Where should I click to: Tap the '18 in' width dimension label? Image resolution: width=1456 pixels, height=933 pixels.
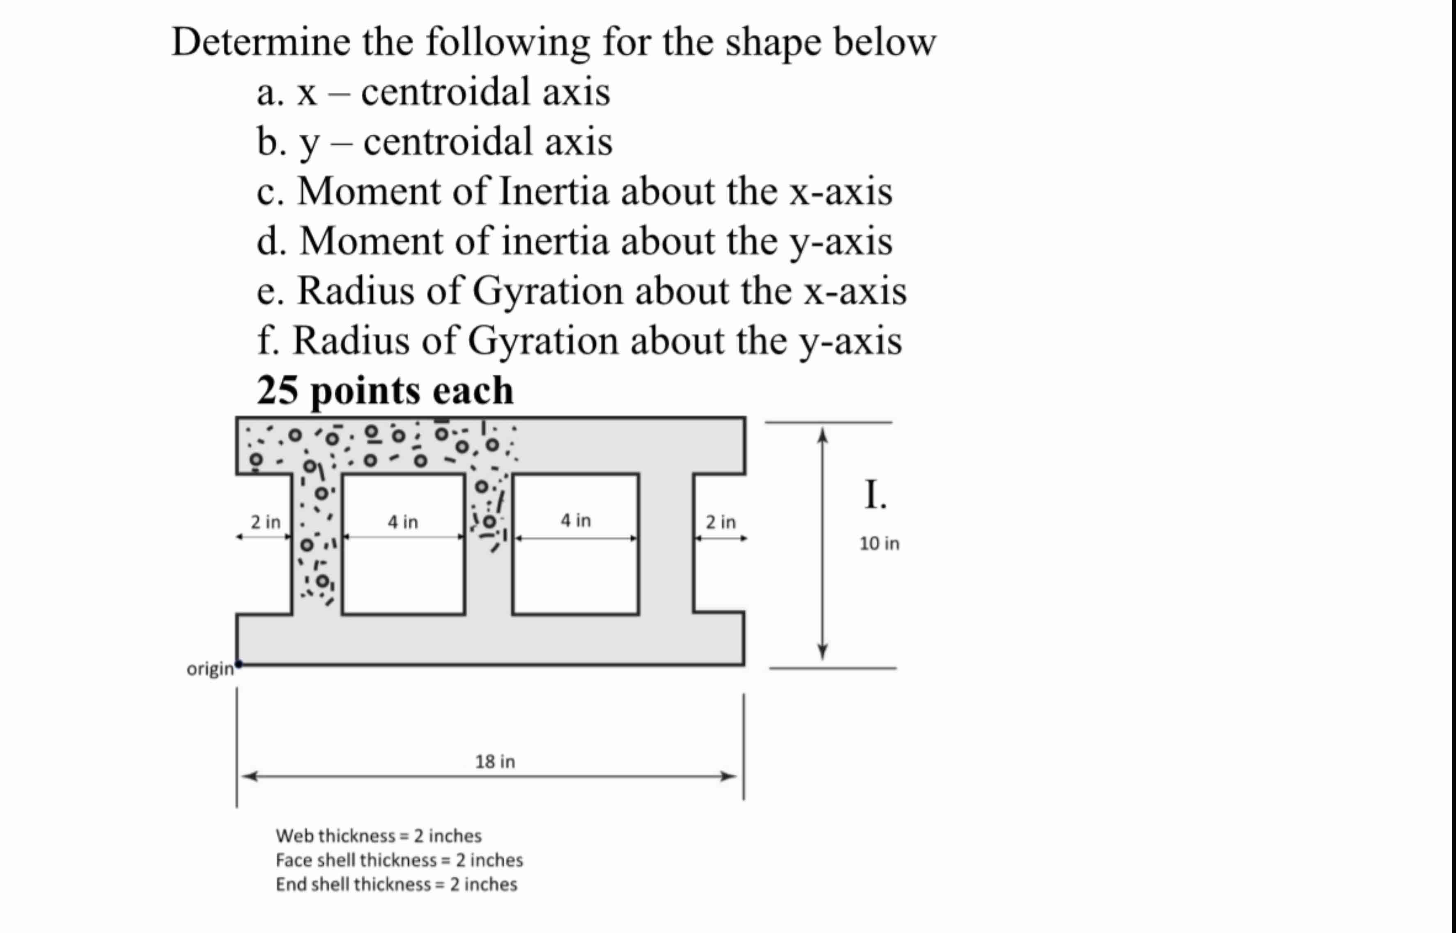[x=495, y=761]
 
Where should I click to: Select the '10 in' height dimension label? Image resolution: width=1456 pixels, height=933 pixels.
[x=879, y=544]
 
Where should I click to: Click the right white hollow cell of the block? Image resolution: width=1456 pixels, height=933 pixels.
[x=575, y=576]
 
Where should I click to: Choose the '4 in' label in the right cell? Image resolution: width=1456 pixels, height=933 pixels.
[x=575, y=520]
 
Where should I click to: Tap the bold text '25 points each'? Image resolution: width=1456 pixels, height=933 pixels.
[x=385, y=390]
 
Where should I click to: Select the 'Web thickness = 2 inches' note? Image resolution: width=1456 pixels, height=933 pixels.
[x=378, y=836]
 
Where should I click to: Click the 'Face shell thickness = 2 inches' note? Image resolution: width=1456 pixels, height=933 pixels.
[x=399, y=860]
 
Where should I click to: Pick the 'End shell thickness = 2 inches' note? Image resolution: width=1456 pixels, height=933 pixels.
[x=396, y=885]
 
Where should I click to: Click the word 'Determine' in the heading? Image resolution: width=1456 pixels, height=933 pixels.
[x=261, y=42]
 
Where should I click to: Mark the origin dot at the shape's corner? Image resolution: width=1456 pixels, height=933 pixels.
[x=238, y=664]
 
